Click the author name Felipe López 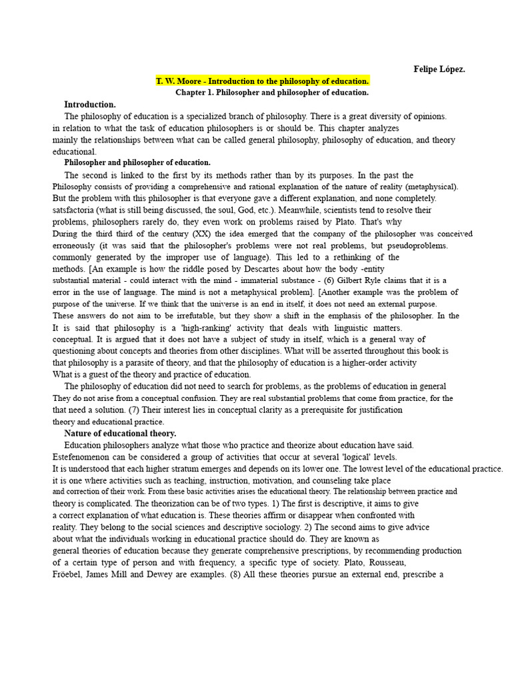click(439, 69)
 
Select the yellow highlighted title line click(263, 81)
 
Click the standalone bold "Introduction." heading click(90, 105)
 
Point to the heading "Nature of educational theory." click(120, 434)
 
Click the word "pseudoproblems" click(413, 245)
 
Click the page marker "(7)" click(136, 410)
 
